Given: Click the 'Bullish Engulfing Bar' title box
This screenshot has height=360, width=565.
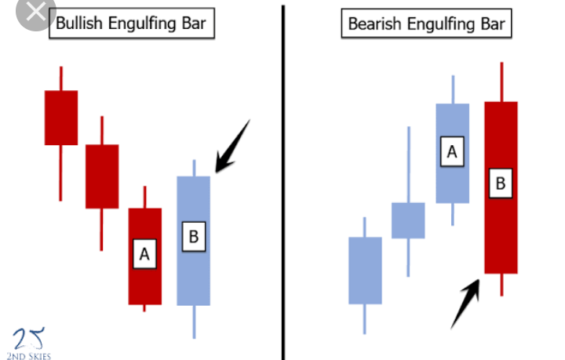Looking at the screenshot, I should [131, 23].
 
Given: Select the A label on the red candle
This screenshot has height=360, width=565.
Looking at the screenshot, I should [144, 255].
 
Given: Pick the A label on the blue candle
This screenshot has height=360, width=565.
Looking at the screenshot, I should [451, 151].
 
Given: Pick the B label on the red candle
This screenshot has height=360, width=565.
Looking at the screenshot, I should [501, 184].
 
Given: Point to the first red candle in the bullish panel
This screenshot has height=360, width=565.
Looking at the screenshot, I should [61, 118].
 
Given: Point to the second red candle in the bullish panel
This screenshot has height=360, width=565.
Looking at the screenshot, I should [102, 176].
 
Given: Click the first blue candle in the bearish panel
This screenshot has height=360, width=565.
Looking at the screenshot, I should [364, 271].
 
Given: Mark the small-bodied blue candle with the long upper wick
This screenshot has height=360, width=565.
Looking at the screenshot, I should [408, 220].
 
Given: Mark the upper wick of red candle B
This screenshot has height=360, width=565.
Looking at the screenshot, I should [501, 82].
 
